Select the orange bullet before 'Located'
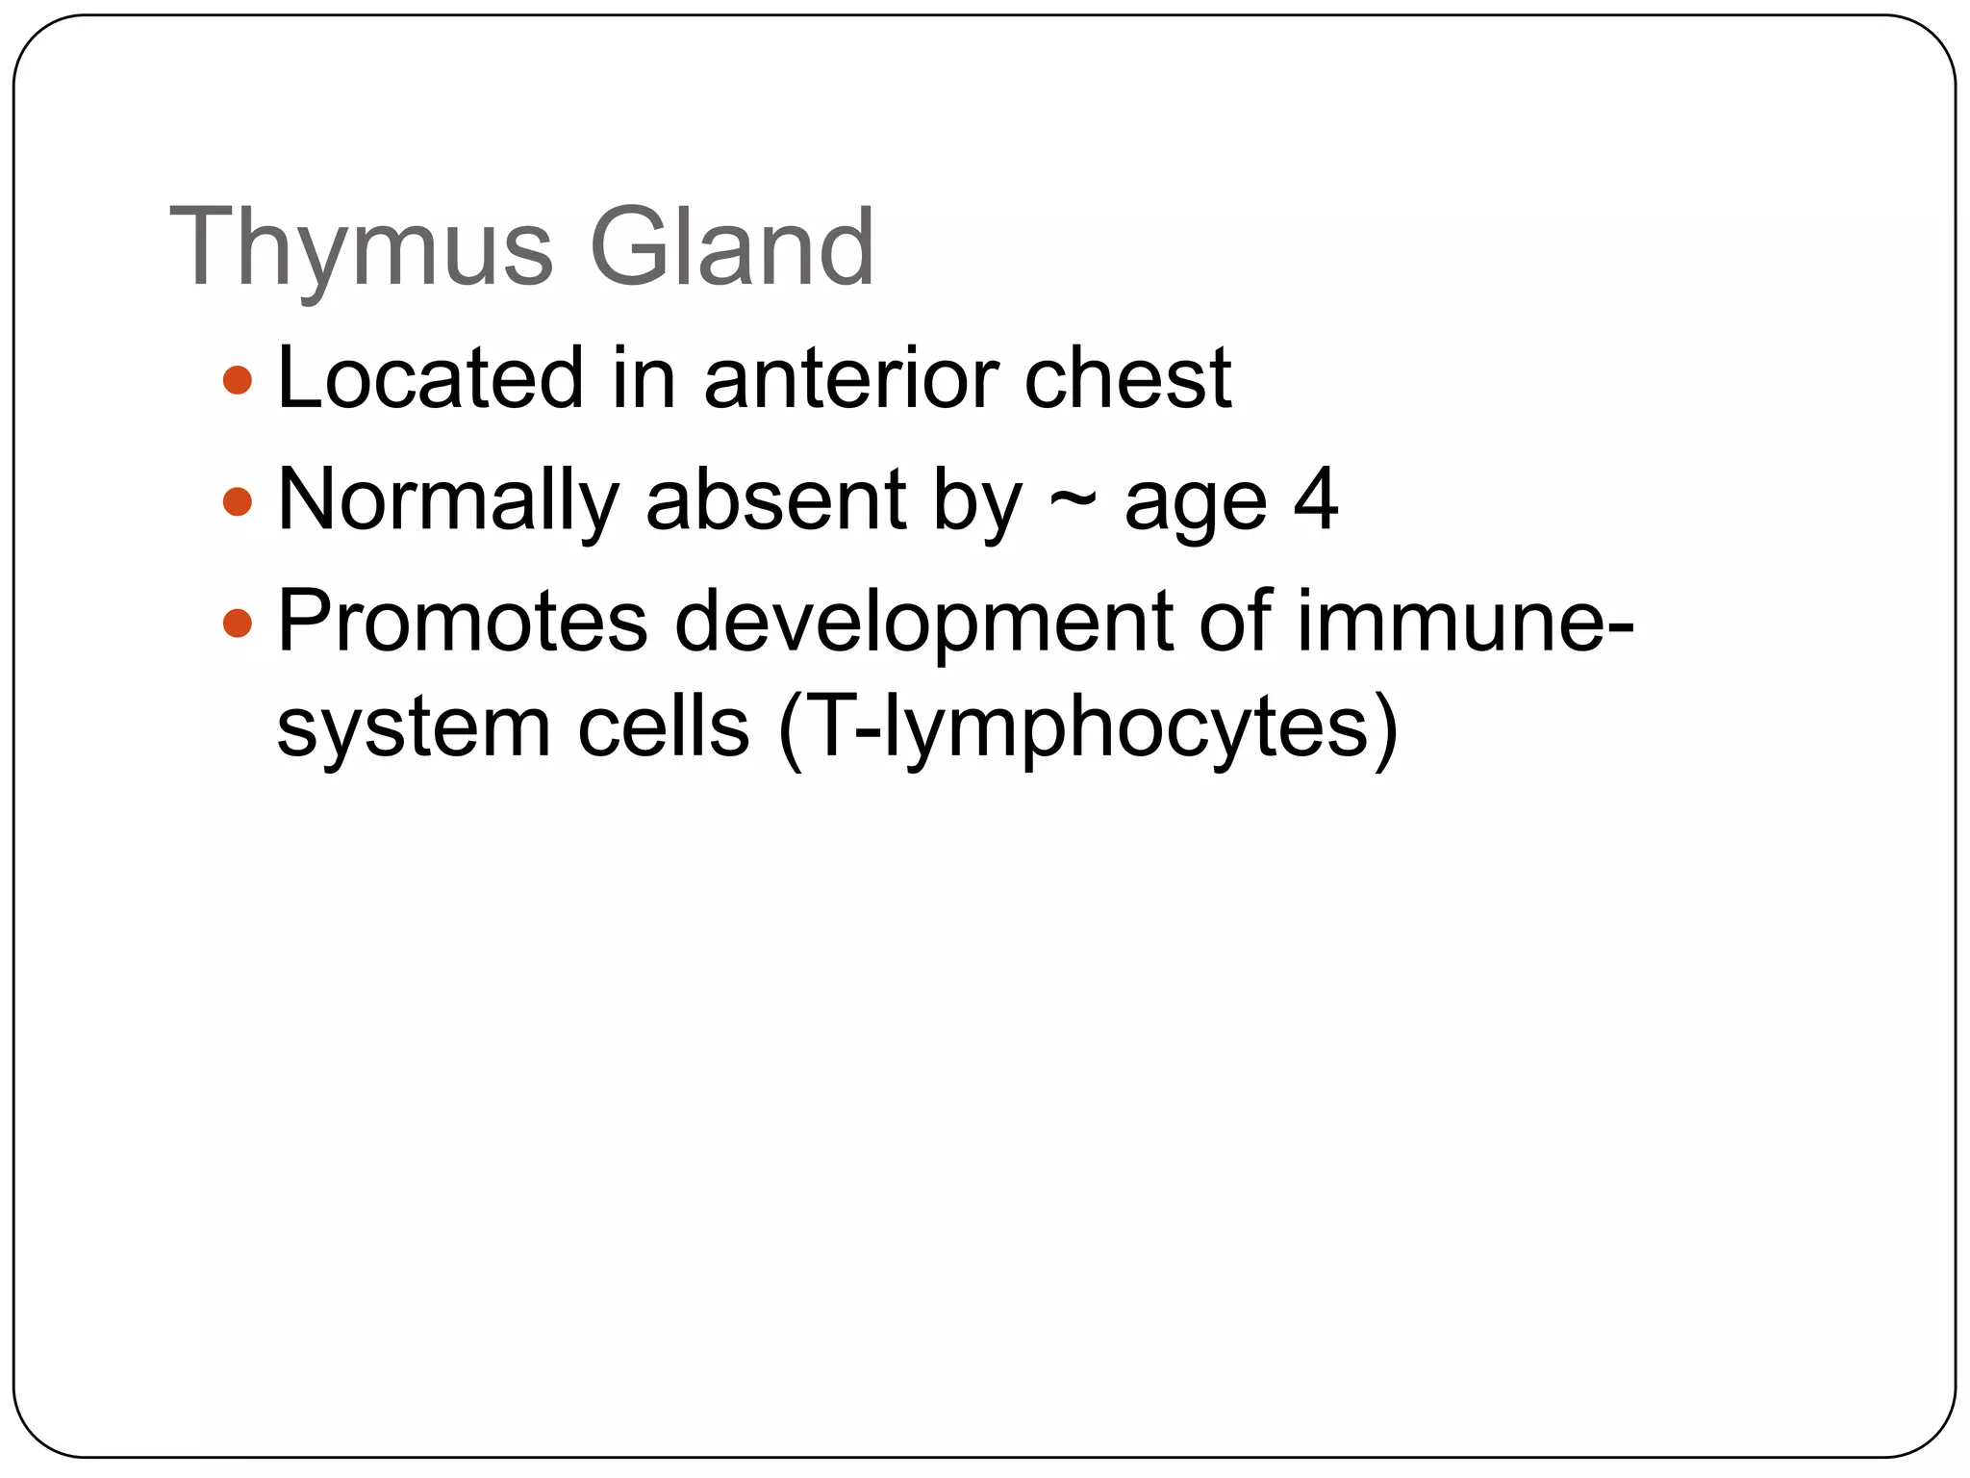pyautogui.click(x=237, y=380)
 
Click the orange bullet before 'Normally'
pyautogui.click(x=237, y=501)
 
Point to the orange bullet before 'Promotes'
pyautogui.click(x=237, y=624)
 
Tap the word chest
pyautogui.click(x=1127, y=378)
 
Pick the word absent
pyautogui.click(x=775, y=500)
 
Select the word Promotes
pyautogui.click(x=462, y=622)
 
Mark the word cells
pyautogui.click(x=663, y=727)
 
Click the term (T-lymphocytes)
pyautogui.click(x=1088, y=729)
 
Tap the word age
pyautogui.click(x=1195, y=504)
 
